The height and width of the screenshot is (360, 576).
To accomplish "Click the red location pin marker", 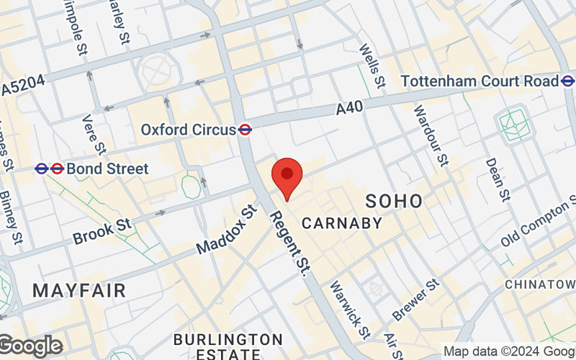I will pos(287,177).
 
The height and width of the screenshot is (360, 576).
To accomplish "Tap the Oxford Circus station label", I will pos(189,130).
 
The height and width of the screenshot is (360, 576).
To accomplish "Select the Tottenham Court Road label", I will pos(480,81).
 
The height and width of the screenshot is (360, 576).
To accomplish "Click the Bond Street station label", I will pos(107,169).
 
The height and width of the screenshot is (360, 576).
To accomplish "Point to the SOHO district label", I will pos(394,200).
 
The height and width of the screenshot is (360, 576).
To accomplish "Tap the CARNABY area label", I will pos(342,223).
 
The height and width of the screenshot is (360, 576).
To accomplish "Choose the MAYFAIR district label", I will pos(79,291).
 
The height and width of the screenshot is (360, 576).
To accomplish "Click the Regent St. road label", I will pos(290,243).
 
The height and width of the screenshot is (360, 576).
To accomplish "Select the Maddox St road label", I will pos(227,229).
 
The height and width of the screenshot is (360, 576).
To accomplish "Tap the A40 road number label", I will pos(349,108).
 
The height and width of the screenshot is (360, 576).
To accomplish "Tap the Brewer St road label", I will pos(415,300).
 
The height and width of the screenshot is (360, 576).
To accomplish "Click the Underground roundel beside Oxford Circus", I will pos(245,130).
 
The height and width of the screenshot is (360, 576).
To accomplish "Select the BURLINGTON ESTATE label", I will pos(228,346).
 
